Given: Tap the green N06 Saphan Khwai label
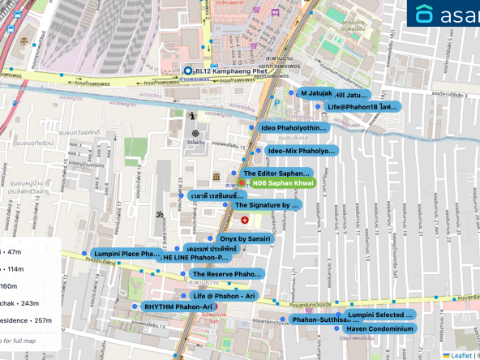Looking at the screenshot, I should (x=282, y=183).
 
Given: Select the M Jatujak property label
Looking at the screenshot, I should (x=311, y=93).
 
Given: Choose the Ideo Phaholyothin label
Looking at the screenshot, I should (x=294, y=128).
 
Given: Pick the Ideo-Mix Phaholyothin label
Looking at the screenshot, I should (x=300, y=151).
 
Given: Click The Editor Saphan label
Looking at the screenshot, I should (x=276, y=174).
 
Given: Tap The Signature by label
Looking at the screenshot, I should (x=267, y=205).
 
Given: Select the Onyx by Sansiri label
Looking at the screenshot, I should (x=246, y=238).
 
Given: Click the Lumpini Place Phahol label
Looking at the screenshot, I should (x=126, y=254).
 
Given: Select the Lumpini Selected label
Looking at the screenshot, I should (x=379, y=315).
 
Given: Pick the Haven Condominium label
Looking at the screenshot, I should (x=379, y=328).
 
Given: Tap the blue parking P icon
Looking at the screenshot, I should (x=276, y=103).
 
